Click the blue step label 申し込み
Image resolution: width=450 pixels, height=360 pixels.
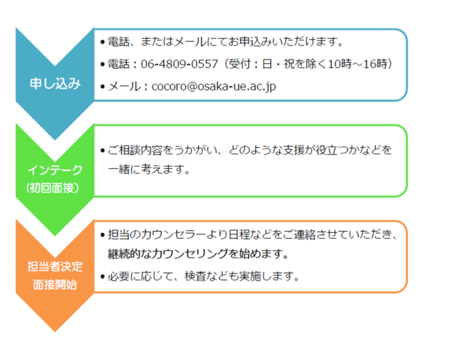point(55,84)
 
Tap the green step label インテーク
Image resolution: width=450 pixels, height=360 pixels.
point(55,170)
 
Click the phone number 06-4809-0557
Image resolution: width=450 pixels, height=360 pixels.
point(180,64)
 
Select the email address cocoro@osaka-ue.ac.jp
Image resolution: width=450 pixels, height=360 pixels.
point(214,86)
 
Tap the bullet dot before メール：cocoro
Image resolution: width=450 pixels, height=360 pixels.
point(103,87)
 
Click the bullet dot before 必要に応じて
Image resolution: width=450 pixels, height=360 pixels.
point(103,277)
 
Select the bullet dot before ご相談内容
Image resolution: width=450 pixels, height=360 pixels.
point(103,151)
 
